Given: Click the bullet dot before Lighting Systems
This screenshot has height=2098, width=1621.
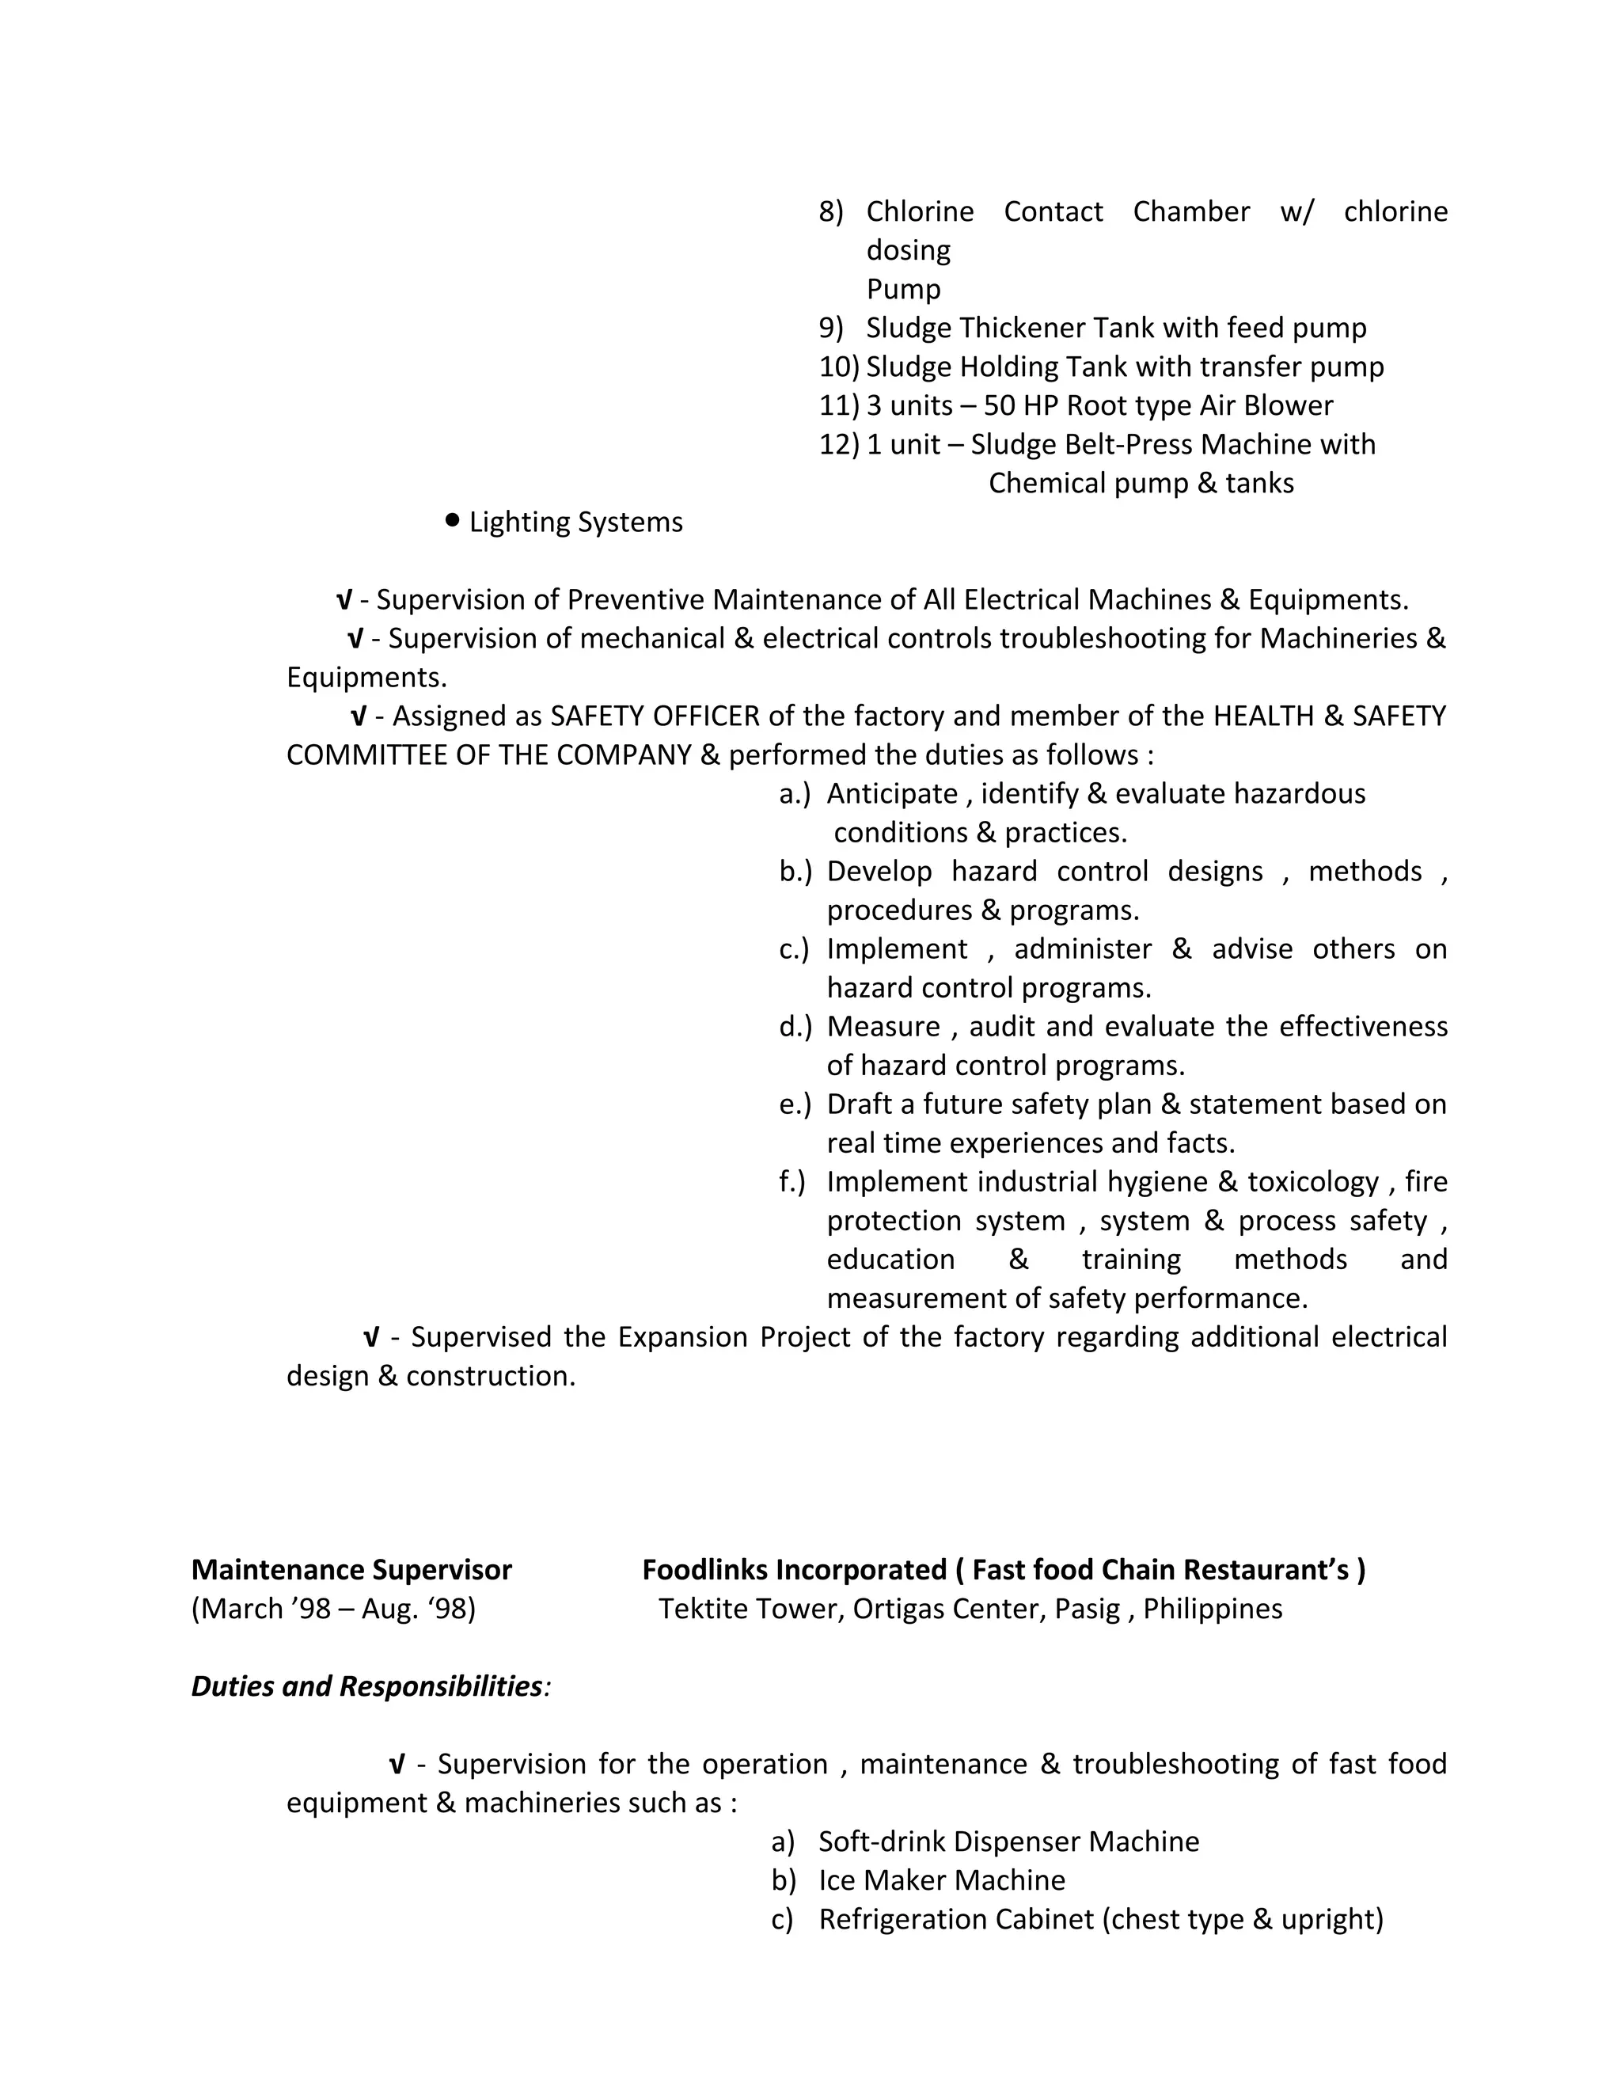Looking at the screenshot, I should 452,519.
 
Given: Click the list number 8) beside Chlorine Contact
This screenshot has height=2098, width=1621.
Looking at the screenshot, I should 830,211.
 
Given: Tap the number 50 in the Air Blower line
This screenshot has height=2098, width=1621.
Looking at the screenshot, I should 999,405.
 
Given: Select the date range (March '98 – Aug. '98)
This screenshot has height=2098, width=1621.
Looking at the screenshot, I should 333,1609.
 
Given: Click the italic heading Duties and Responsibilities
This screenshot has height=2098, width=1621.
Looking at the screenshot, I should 368,1686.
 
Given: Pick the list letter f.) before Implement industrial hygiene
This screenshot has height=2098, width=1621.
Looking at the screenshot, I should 792,1181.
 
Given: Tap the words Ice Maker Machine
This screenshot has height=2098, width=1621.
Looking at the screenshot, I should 941,1880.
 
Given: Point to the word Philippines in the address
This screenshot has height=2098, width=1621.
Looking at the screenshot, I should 1212,1609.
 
